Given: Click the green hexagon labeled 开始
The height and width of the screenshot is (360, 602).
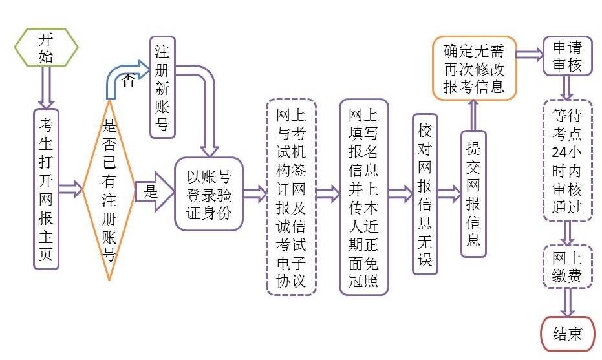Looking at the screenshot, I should tap(46, 47).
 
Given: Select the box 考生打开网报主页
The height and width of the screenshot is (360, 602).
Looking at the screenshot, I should tap(46, 188).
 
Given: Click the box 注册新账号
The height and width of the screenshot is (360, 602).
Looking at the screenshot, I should tap(162, 87).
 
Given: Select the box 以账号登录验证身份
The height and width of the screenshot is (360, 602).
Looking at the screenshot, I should tap(209, 193).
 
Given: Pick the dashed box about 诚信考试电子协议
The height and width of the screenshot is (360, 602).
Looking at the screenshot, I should tap(291, 197).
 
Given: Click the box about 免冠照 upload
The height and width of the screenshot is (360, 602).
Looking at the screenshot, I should tap(363, 197).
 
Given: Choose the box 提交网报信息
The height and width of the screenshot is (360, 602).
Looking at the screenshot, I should tap(473, 194).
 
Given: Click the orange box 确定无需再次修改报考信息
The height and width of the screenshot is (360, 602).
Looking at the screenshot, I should tap(474, 68).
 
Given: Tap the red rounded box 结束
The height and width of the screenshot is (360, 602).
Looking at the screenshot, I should tap(567, 334).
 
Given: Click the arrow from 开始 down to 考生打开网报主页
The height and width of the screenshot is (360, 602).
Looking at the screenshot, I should tap(46, 86).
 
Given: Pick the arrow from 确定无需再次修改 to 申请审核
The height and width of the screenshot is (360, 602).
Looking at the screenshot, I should tap(530, 55).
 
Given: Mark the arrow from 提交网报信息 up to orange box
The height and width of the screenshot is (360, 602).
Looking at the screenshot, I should tap(473, 115).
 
